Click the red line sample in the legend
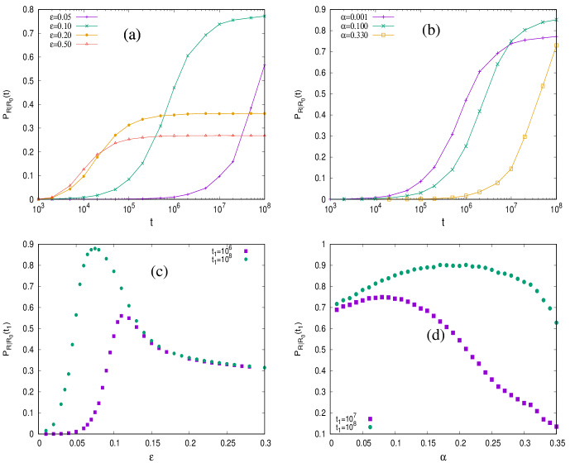(87, 44)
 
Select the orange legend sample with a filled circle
(87, 35)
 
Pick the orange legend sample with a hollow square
(383, 35)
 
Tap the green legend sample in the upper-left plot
(87, 26)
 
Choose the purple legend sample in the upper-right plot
(383, 17)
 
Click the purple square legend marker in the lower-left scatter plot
(246, 251)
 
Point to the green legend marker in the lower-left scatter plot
(246, 259)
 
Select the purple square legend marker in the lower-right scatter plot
(370, 419)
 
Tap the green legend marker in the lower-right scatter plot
(370, 427)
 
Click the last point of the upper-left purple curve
(265, 64)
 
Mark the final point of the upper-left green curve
(265, 16)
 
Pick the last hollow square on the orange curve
(556, 45)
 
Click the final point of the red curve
(265, 136)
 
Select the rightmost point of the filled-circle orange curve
(265, 113)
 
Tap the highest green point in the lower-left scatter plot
(95, 248)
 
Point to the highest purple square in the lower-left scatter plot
(122, 316)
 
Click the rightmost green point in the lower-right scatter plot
(556, 322)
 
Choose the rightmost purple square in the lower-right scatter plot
(556, 427)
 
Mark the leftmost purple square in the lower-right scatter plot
(336, 310)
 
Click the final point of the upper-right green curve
(556, 19)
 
